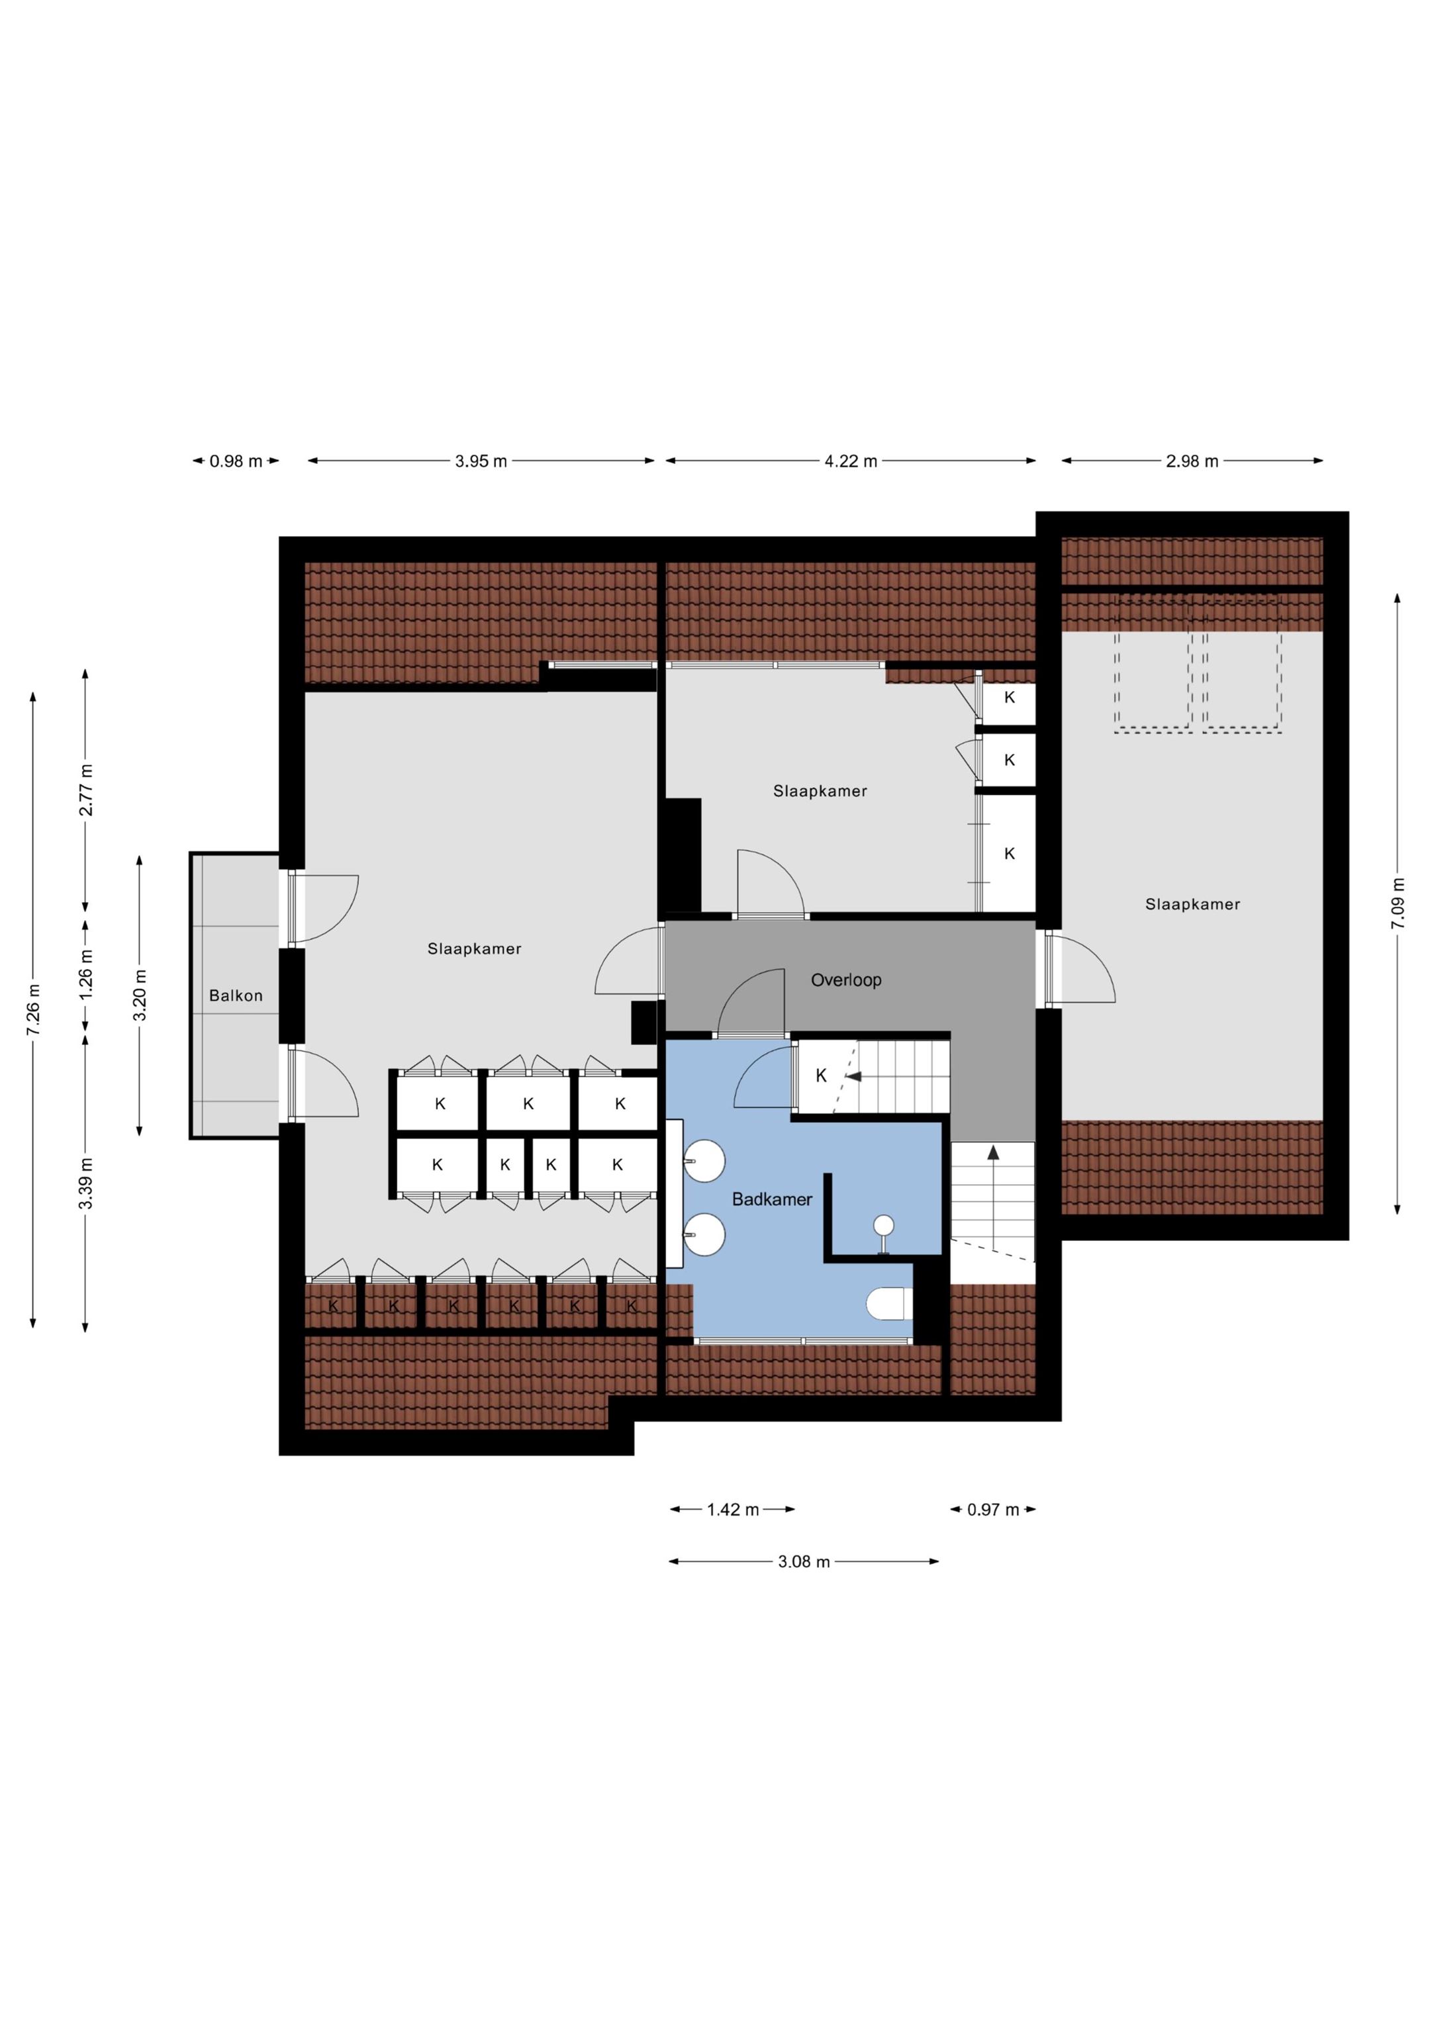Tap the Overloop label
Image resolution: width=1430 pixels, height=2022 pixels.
coord(846,980)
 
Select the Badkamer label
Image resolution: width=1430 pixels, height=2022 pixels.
coord(772,1199)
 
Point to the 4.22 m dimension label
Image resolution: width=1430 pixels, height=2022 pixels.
coord(850,461)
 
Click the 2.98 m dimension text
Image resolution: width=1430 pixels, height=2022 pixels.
coord(1192,461)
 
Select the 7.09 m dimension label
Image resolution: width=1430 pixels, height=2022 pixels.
coord(1398,903)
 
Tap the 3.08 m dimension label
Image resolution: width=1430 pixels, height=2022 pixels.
coord(804,1561)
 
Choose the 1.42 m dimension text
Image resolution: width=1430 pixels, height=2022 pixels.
coord(733,1510)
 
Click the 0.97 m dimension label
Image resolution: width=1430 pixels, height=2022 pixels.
coord(993,1510)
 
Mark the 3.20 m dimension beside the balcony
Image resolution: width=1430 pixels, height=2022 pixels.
coord(139,994)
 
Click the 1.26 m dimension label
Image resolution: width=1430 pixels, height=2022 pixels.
coord(85,973)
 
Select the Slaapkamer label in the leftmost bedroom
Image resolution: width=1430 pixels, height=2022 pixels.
coord(474,948)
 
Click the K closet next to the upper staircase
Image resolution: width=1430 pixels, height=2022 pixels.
coord(821,1076)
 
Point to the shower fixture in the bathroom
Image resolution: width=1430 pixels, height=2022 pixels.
coord(883,1230)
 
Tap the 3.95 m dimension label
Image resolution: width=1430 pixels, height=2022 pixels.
coord(481,461)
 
